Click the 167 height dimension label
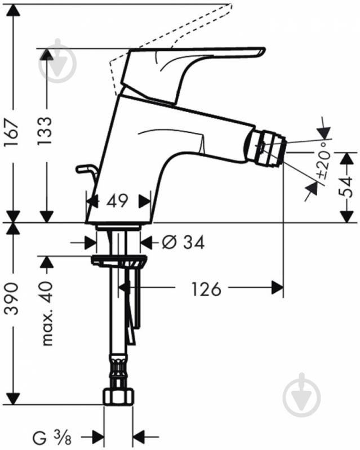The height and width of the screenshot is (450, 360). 13,133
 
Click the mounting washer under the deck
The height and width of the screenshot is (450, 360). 119,261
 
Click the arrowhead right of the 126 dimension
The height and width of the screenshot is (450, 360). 275,289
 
